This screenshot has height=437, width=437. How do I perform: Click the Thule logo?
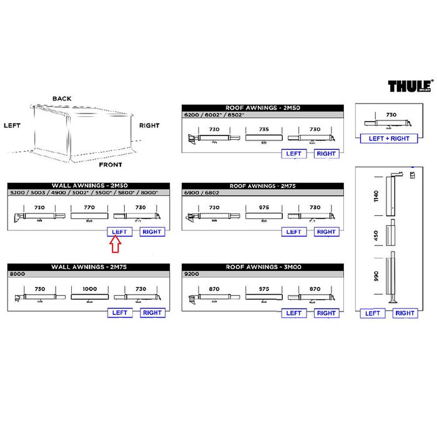tap(410, 86)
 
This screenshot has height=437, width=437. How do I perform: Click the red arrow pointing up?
tap(115, 245)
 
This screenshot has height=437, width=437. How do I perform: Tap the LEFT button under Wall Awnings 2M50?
tap(119, 232)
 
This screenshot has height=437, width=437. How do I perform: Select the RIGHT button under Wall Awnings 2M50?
tap(152, 232)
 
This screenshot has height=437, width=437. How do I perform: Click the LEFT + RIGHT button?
tap(389, 138)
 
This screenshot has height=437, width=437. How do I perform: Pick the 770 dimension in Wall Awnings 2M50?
tap(89, 207)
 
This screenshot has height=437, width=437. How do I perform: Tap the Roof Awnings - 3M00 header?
tap(262, 267)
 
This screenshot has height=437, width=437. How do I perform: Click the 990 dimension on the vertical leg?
tap(376, 277)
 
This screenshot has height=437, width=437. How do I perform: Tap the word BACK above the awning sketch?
tap(62, 99)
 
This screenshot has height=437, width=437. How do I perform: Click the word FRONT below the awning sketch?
tap(111, 165)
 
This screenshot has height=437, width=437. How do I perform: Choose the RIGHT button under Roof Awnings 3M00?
tap(326, 313)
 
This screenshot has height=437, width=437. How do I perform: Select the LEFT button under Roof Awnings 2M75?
tap(293, 232)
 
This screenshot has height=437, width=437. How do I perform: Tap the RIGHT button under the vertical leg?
tap(405, 313)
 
